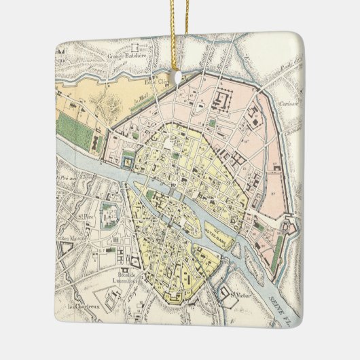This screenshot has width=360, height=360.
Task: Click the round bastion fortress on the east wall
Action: click(x=289, y=228)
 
